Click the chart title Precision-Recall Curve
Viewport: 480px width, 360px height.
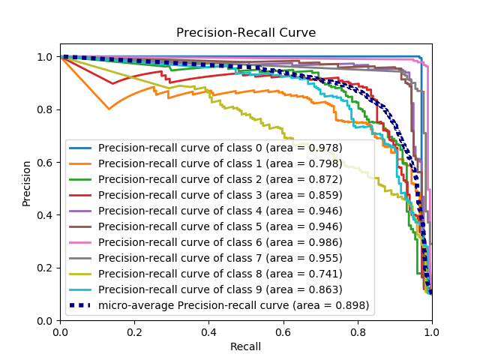(x=246, y=33)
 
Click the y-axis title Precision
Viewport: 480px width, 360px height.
(x=27, y=184)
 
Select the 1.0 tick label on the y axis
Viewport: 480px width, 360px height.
(x=46, y=57)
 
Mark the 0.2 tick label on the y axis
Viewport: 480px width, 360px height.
(x=46, y=268)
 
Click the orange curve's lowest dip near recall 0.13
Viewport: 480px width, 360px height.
(x=109, y=109)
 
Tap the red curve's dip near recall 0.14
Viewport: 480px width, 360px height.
(x=112, y=83)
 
